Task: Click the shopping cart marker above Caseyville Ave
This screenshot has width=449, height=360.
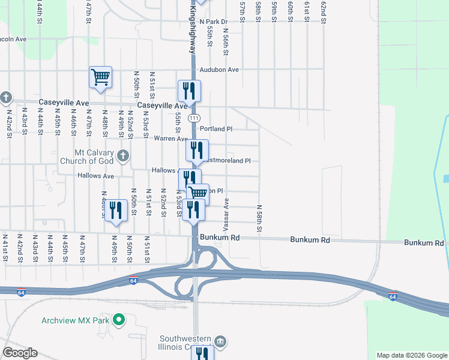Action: tap(100, 77)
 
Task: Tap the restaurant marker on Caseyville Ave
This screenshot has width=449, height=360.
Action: tap(189, 91)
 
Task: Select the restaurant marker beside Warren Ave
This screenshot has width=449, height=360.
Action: tap(197, 151)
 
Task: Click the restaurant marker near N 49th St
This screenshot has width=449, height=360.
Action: tap(116, 211)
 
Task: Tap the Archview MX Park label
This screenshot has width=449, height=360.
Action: tap(75, 320)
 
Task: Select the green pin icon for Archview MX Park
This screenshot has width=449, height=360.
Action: tap(119, 320)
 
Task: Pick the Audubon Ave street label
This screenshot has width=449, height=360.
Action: tap(219, 70)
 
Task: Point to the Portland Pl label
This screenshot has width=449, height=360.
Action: tap(215, 129)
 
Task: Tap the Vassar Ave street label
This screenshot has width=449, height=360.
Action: tap(226, 215)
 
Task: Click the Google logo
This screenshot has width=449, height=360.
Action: tap(20, 353)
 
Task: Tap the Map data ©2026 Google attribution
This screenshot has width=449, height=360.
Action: tap(412, 355)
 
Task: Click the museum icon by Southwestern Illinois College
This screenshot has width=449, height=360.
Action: tap(220, 342)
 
